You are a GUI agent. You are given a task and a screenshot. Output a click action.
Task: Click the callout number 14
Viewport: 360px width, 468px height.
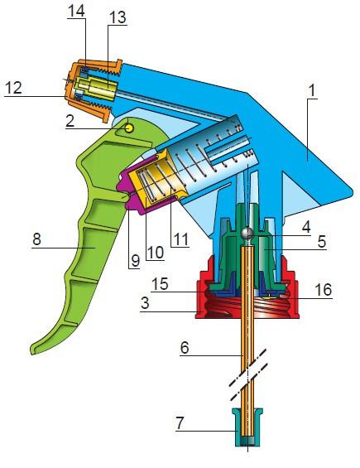click(x=76, y=11)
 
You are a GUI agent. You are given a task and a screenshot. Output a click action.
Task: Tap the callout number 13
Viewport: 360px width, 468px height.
click(x=118, y=17)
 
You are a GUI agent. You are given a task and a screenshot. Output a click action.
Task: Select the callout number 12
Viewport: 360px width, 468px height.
click(x=13, y=88)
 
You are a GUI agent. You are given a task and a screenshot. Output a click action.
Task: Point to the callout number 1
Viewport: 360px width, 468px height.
click(x=312, y=90)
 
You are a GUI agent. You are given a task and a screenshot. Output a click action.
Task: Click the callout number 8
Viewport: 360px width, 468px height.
click(x=36, y=239)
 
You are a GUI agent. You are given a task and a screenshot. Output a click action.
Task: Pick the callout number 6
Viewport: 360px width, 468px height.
click(x=185, y=348)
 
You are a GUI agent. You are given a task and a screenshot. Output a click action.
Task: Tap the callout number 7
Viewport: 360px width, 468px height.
click(x=180, y=423)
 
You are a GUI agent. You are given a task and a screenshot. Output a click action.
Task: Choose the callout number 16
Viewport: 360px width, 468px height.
click(x=323, y=290)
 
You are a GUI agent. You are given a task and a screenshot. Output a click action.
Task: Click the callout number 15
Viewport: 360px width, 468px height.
click(x=160, y=284)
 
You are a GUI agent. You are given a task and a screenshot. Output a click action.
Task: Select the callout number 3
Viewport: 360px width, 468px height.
click(x=145, y=303)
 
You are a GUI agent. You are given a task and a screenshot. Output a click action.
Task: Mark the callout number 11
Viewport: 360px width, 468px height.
click(x=180, y=239)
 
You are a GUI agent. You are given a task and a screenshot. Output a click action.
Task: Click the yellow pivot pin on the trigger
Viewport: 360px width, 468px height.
click(x=129, y=128)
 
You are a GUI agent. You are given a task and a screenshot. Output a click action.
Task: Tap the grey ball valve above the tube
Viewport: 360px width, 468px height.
click(x=247, y=233)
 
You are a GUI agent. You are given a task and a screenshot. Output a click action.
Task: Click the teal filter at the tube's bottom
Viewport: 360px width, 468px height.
click(x=247, y=427)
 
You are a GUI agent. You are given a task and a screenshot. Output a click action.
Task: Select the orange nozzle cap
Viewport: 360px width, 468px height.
click(x=94, y=89)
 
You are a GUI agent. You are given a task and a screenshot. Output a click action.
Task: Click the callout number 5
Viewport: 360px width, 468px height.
click(x=322, y=242)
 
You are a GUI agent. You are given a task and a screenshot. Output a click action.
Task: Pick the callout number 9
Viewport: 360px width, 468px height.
click(x=135, y=261)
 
